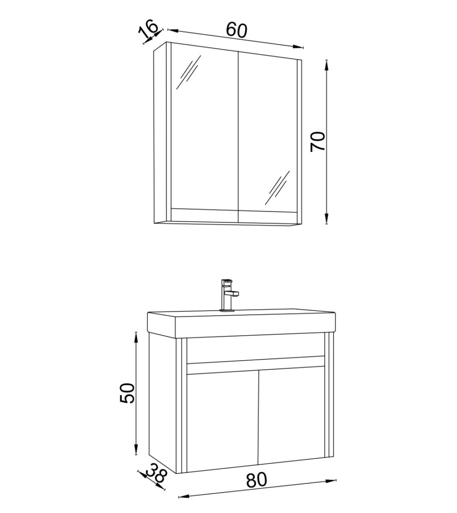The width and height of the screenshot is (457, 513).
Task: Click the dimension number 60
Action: (x=237, y=30)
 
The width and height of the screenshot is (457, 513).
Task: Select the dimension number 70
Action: (x=318, y=141)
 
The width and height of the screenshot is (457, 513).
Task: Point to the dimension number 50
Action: (x=127, y=393)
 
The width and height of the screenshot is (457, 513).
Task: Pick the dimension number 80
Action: (x=257, y=480)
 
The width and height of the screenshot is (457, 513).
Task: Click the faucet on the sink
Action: (x=228, y=295)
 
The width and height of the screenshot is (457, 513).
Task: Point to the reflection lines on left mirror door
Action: (x=188, y=72)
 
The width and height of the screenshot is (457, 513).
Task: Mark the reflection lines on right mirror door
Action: (x=277, y=187)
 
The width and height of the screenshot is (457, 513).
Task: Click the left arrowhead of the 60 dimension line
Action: (x=172, y=31)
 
